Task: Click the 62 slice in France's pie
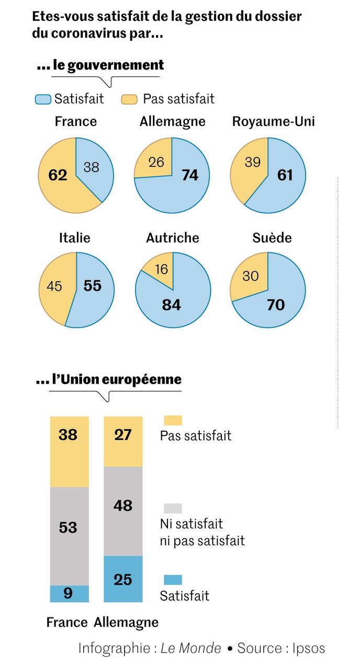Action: pyautogui.click(x=58, y=175)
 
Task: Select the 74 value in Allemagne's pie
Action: pyautogui.click(x=189, y=175)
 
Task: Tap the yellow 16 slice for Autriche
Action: pyautogui.click(x=162, y=269)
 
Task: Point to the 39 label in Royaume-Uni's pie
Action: pyautogui.click(x=252, y=163)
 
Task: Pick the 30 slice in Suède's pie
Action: pyautogui.click(x=251, y=276)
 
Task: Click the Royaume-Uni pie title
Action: pyautogui.click(x=273, y=122)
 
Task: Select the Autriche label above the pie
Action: pyautogui.click(x=173, y=238)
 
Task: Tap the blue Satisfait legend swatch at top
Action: pyautogui.click(x=43, y=99)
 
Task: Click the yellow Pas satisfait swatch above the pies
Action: pyautogui.click(x=129, y=99)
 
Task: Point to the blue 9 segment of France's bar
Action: pyautogui.click(x=69, y=594)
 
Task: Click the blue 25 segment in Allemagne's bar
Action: pyautogui.click(x=123, y=579)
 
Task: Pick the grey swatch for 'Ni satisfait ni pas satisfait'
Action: pyautogui.click(x=173, y=508)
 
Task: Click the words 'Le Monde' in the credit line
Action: pyautogui.click(x=190, y=648)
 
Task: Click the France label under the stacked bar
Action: pyautogui.click(x=66, y=622)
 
